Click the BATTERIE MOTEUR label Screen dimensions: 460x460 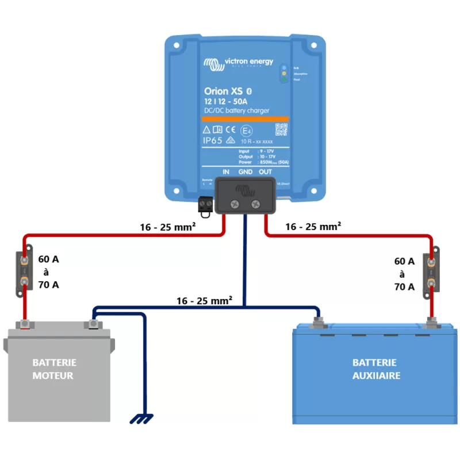[54, 369]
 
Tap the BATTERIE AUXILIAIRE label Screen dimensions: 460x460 [374, 369]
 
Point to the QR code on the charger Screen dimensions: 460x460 [281, 129]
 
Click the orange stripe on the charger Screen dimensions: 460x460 [246, 118]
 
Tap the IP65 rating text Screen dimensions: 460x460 [213, 140]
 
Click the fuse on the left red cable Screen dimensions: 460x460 [25, 270]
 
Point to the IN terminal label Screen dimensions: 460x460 [226, 172]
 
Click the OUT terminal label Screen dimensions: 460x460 [265, 172]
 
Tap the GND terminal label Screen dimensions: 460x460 [246, 172]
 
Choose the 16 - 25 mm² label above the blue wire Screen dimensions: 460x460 [204, 300]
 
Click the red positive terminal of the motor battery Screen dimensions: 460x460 [25, 325]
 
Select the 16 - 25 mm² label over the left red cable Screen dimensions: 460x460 [168, 227]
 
